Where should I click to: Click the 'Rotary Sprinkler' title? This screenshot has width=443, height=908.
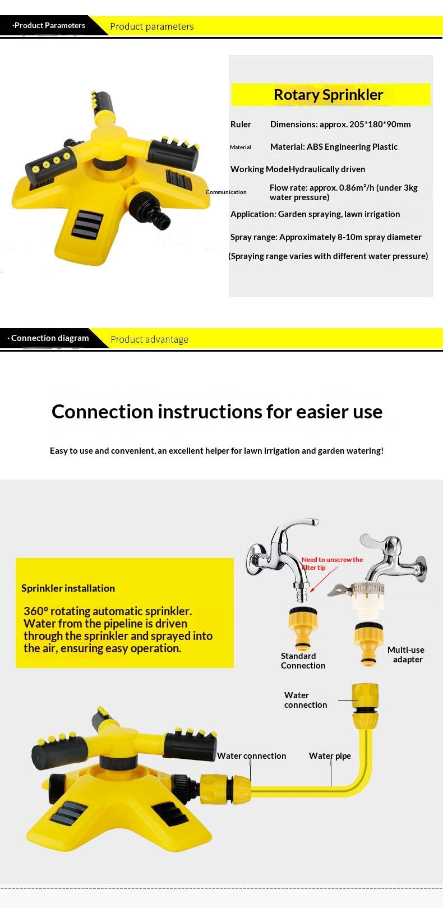pyautogui.click(x=328, y=95)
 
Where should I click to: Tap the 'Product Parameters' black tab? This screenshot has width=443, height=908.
pyautogui.click(x=49, y=25)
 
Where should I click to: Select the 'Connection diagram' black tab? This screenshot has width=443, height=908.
pyautogui.click(x=49, y=338)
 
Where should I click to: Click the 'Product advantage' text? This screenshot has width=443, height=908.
pyautogui.click(x=149, y=339)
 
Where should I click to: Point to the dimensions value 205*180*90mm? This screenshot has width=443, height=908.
pyautogui.click(x=380, y=125)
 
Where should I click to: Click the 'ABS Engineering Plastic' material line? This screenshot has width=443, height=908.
pyautogui.click(x=334, y=147)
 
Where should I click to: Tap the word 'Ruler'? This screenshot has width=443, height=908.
pyautogui.click(x=241, y=125)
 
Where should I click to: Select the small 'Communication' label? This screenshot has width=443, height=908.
pyautogui.click(x=226, y=192)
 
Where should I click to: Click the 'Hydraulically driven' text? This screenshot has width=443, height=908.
pyautogui.click(x=327, y=169)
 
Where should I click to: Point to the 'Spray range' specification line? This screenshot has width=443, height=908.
pyautogui.click(x=326, y=237)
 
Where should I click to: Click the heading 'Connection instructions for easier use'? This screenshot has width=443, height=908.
pyautogui.click(x=217, y=412)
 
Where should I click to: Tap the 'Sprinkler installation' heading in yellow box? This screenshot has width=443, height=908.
pyautogui.click(x=68, y=588)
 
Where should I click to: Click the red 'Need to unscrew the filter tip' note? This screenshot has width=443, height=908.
pyautogui.click(x=332, y=563)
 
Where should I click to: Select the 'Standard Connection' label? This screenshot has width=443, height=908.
pyautogui.click(x=303, y=661)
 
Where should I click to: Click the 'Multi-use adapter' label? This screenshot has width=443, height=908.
pyautogui.click(x=406, y=655)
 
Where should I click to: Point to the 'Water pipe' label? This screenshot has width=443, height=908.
pyautogui.click(x=330, y=756)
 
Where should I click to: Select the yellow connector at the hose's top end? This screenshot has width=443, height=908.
pyautogui.click(x=365, y=703)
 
